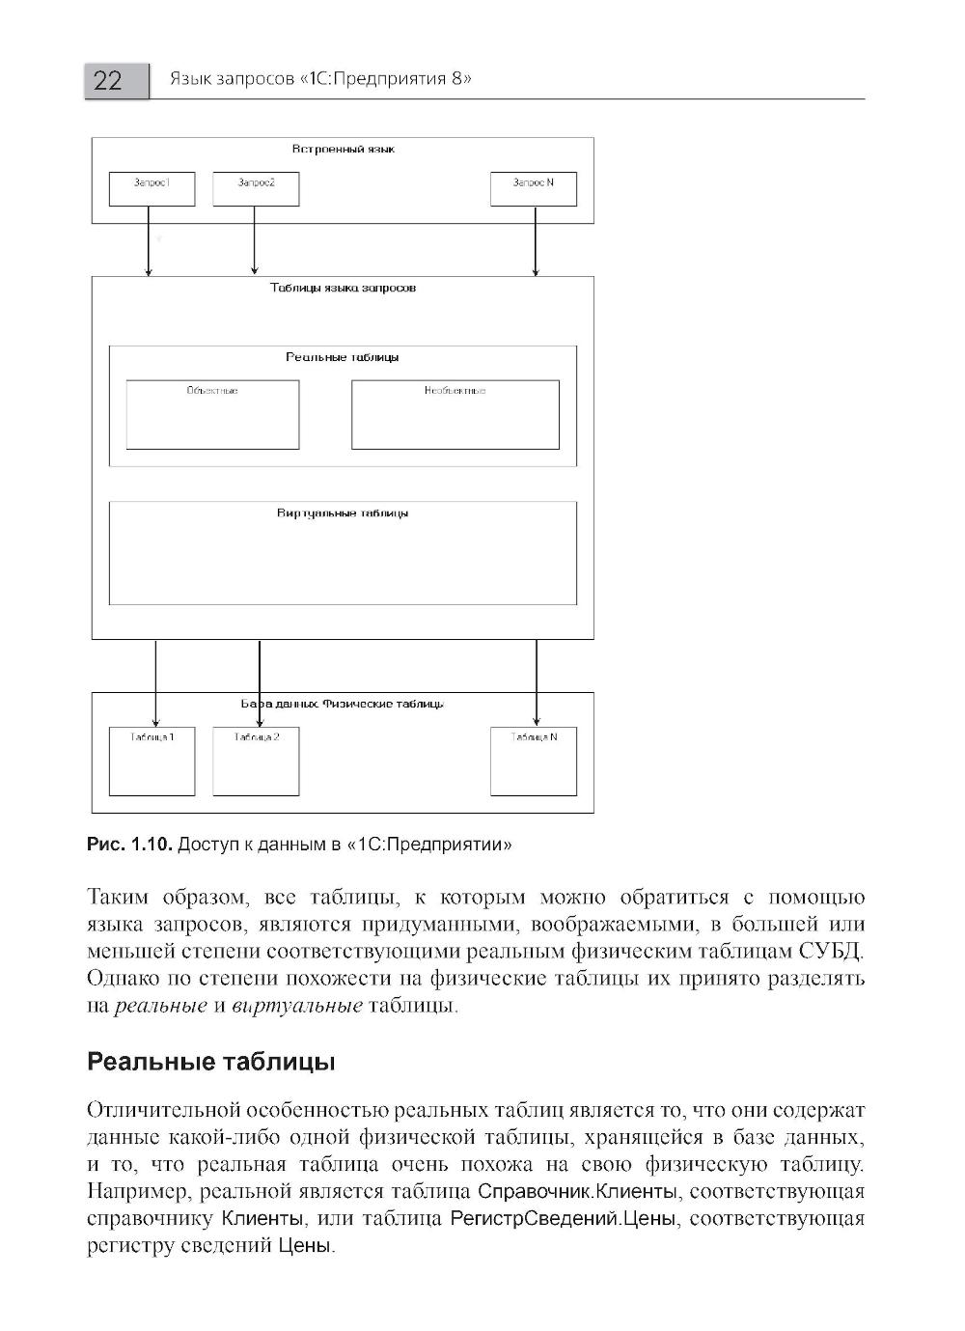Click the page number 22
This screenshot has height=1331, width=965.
[108, 80]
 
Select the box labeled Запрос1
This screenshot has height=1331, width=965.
[152, 189]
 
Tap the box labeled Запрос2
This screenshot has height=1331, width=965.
[256, 189]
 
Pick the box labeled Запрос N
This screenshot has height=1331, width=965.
[534, 189]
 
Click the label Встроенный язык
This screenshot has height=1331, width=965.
[343, 150]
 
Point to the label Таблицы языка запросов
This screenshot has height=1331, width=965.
[343, 289]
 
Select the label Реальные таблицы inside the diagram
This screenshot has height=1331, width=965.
[343, 357]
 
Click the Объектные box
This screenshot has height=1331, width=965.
[212, 415]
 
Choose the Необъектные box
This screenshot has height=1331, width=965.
[455, 415]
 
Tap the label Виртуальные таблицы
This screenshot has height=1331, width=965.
[343, 513]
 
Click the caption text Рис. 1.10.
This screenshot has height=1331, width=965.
[129, 846]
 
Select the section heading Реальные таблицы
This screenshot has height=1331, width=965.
[211, 1063]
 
